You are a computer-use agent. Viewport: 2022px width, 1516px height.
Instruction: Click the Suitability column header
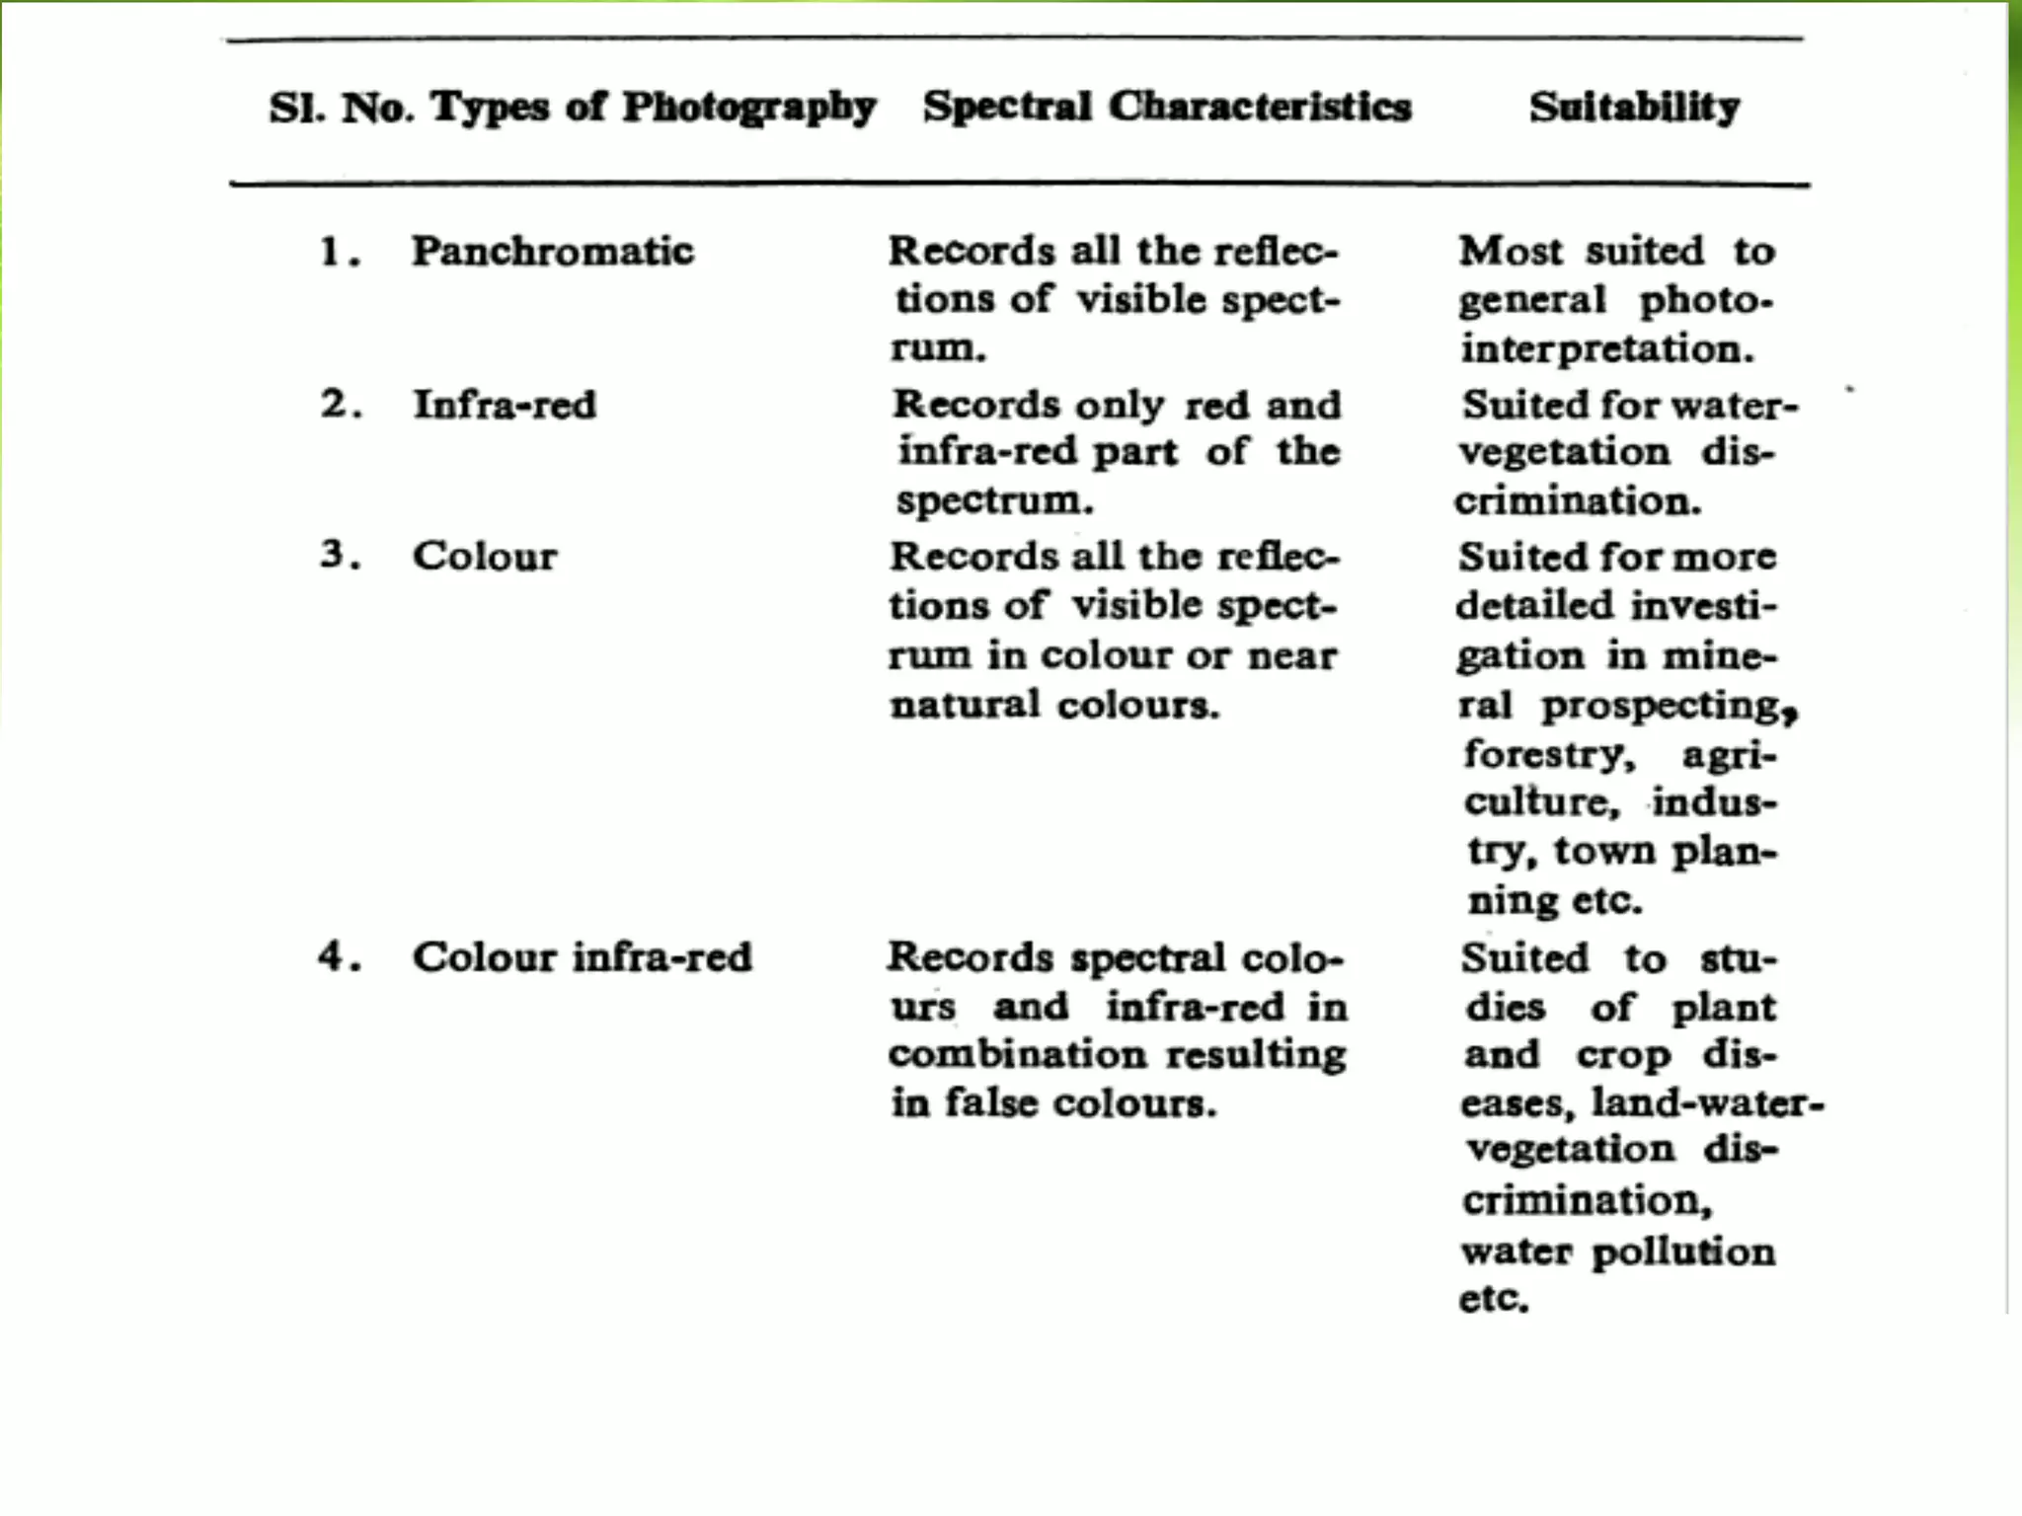point(1634,108)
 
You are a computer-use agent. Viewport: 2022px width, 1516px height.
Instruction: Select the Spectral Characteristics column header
point(1167,107)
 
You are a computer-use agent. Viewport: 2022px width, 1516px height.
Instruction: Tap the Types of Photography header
point(653,108)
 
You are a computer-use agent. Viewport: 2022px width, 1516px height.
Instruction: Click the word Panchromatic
point(553,252)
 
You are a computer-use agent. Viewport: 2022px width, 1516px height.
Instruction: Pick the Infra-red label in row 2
point(505,405)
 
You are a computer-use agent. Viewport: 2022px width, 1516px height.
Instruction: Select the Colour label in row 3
point(485,557)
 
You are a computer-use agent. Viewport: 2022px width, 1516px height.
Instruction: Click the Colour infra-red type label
point(583,957)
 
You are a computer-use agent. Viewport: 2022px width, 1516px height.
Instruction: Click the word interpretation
point(1607,349)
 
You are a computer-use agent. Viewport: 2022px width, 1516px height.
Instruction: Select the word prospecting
point(1669,706)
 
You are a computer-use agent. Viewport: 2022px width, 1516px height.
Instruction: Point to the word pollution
point(1684,1251)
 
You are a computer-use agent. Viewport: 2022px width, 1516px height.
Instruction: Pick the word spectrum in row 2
point(994,500)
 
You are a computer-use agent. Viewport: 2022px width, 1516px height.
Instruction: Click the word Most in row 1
point(1511,252)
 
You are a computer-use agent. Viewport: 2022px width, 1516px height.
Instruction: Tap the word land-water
point(1706,1103)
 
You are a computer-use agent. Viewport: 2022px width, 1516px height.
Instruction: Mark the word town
point(1605,851)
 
